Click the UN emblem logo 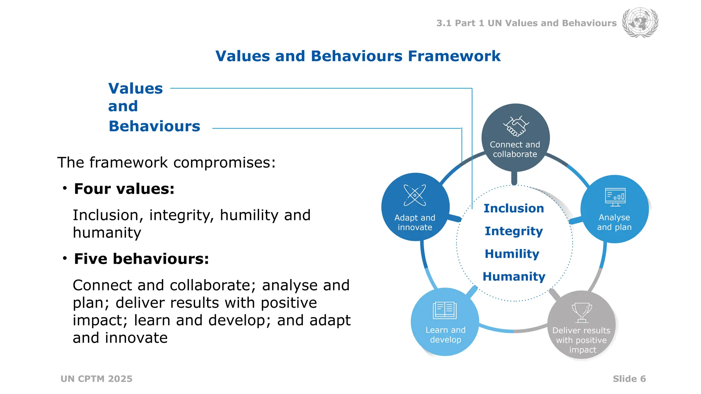[640, 23]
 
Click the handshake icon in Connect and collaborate [516, 127]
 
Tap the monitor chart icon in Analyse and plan [615, 197]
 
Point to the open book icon [445, 310]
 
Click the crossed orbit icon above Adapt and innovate [415, 195]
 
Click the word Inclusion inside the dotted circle [513, 208]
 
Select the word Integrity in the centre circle [513, 231]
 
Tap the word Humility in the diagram [512, 254]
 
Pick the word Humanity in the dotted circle [514, 276]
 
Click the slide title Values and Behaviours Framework [358, 56]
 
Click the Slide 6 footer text [629, 379]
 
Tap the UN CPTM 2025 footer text [97, 379]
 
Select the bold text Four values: [124, 189]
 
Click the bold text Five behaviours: [141, 259]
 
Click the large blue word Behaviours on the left [154, 126]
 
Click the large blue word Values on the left [136, 89]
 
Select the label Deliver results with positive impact [581, 340]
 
